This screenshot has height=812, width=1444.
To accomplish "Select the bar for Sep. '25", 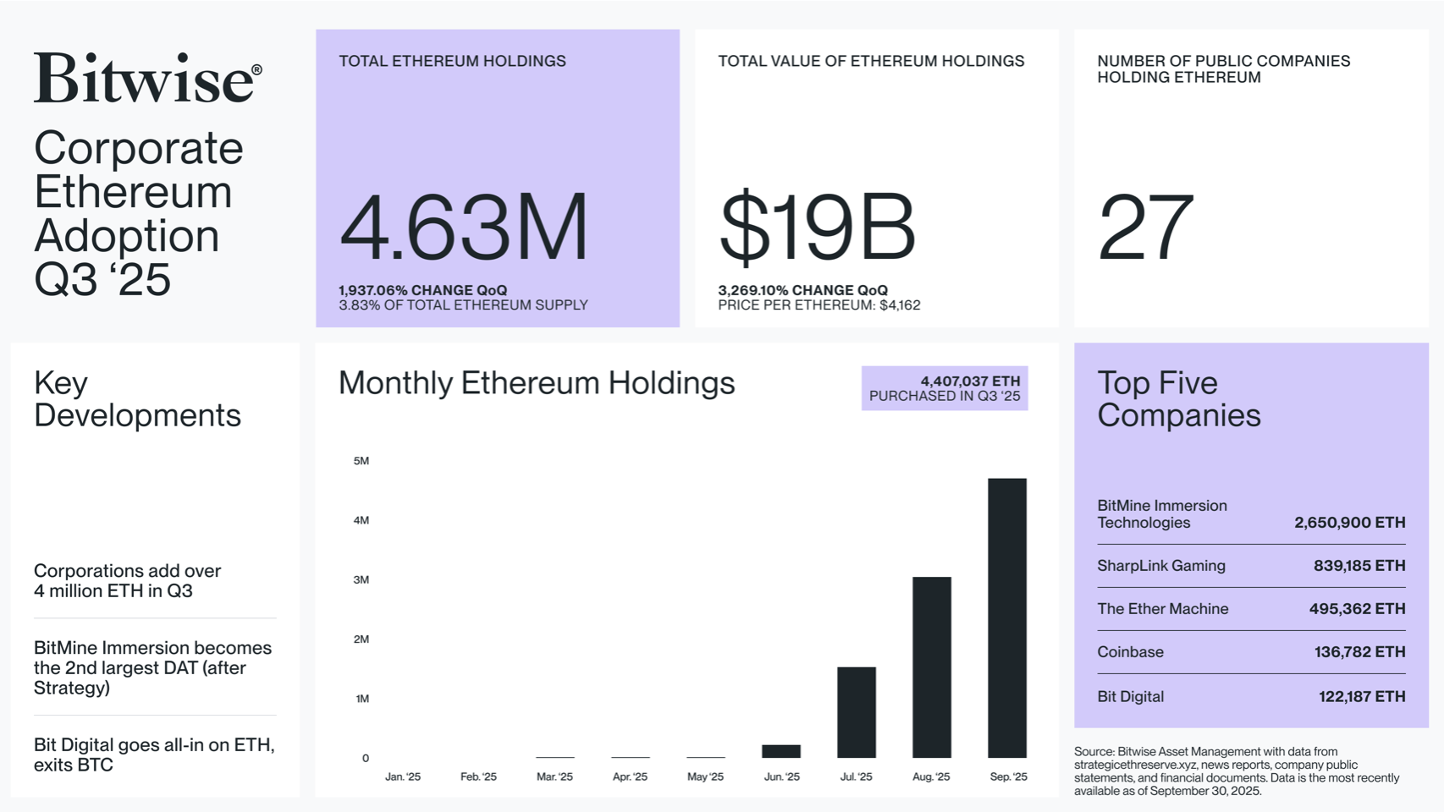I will point(1006,617).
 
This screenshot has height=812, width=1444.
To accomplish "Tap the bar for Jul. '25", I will point(856,712).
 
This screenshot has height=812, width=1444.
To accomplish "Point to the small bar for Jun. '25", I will point(780,751).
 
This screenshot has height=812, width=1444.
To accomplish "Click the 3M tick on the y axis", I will point(361,580).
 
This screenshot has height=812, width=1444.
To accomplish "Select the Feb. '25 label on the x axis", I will point(478,776).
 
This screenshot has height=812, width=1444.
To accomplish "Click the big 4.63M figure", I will point(463,227).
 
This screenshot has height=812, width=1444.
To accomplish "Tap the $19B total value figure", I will point(816,227).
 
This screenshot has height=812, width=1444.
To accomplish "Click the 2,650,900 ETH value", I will point(1349,523).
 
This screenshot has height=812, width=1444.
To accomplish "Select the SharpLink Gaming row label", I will point(1160,566).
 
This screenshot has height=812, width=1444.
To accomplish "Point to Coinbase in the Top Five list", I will point(1130,652).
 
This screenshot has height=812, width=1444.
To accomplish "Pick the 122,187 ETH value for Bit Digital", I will point(1361,697).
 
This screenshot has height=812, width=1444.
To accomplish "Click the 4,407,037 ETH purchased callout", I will point(945,388).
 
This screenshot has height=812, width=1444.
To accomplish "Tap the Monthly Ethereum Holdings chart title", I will point(537,383).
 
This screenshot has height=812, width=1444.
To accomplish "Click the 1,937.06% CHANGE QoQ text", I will point(422,290).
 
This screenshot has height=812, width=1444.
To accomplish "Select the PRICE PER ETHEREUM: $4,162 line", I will point(818,305).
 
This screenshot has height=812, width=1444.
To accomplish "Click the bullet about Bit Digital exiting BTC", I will point(153,754).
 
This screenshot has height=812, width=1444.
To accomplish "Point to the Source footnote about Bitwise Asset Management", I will point(1236,771).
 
